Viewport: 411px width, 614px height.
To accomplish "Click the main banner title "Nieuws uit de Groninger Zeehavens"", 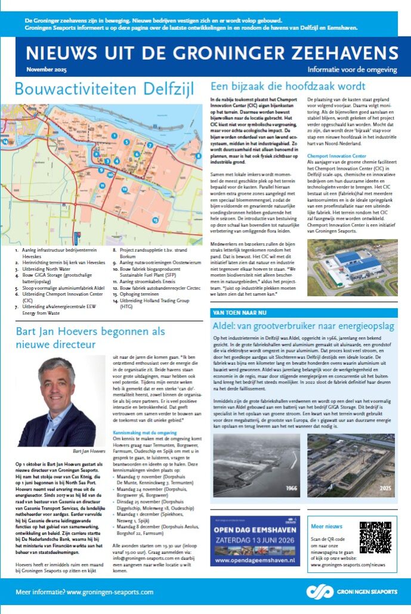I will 212,51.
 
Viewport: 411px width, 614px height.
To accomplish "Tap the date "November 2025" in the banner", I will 47,70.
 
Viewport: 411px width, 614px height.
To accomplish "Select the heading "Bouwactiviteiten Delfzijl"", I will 104,89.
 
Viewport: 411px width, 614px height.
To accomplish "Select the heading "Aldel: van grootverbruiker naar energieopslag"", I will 292,325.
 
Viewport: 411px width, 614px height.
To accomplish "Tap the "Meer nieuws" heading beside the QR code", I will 326,526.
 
